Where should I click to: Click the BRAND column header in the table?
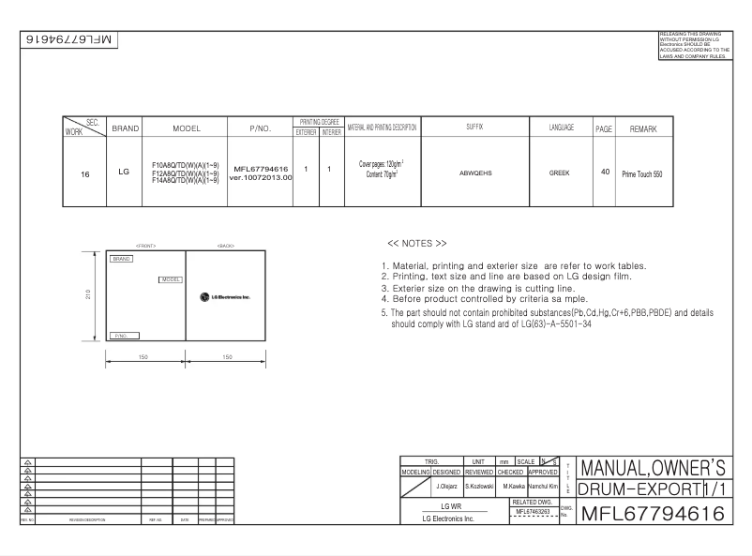pyautogui.click(x=126, y=128)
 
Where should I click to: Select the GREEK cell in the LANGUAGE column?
pyautogui.click(x=559, y=173)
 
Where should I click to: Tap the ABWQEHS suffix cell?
pyautogui.click(x=475, y=173)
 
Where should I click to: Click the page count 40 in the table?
pyautogui.click(x=605, y=173)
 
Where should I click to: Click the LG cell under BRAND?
pyautogui.click(x=125, y=172)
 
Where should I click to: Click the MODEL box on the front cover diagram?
pyautogui.click(x=171, y=279)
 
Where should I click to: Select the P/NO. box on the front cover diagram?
pyautogui.click(x=125, y=335)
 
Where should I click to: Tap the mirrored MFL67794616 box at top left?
pyautogui.click(x=69, y=40)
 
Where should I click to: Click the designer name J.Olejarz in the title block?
pyautogui.click(x=445, y=487)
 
